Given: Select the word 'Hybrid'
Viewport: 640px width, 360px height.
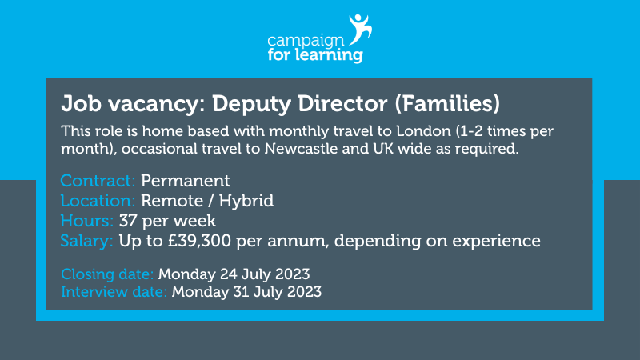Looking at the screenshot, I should (246, 200).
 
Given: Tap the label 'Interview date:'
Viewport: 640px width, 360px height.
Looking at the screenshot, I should (114, 291).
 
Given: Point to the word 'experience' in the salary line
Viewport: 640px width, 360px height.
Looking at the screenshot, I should (502, 241).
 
